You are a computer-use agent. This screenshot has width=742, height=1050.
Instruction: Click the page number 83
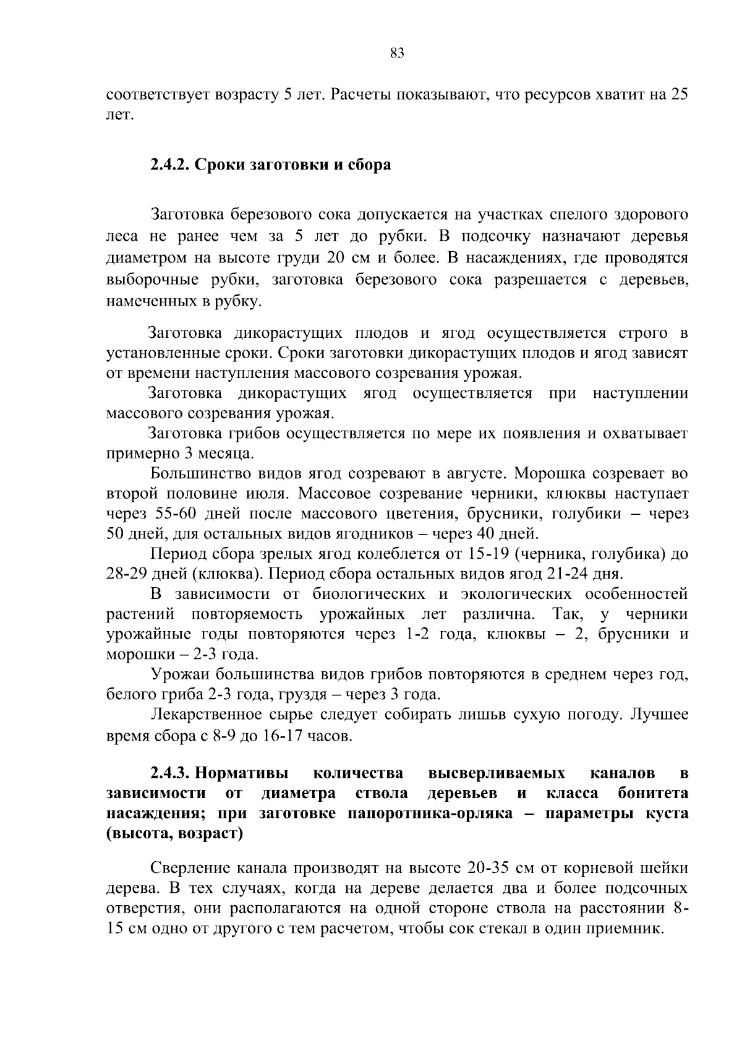[x=398, y=53]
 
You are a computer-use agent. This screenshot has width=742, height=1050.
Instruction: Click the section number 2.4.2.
[x=170, y=166]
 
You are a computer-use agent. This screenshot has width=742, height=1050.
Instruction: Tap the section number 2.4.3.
[x=170, y=773]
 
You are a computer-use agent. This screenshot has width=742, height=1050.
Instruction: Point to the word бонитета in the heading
[x=653, y=794]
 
